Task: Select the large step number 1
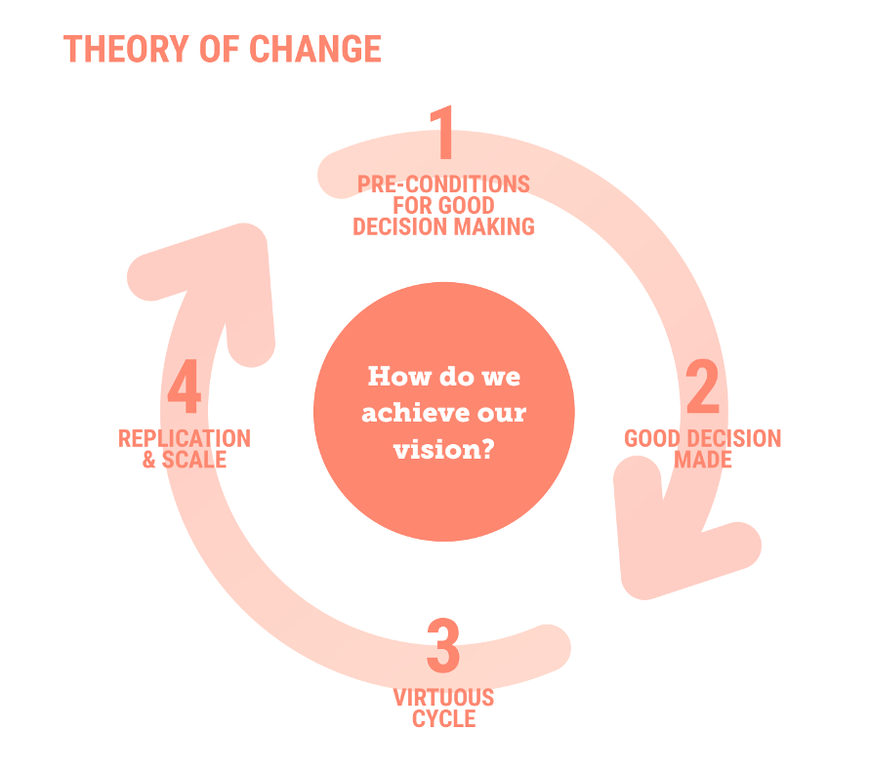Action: point(443,133)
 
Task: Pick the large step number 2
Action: point(702,388)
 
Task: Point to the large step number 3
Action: point(443,646)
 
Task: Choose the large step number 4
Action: point(185,388)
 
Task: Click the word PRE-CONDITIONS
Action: point(443,184)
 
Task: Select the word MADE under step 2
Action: point(703,460)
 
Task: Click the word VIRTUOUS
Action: point(443,698)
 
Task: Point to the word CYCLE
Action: point(443,720)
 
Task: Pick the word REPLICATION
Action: point(185,439)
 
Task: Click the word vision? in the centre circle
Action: point(442,450)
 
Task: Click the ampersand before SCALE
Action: point(149,461)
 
